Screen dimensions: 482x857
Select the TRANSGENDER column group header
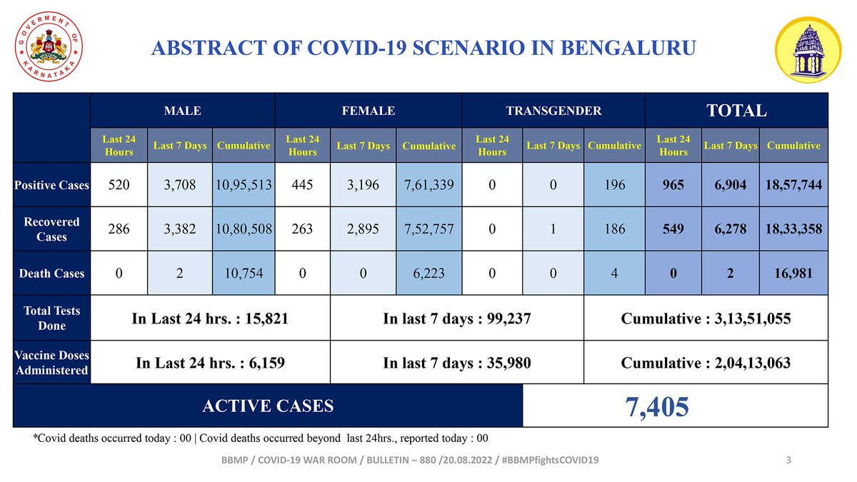coord(553,111)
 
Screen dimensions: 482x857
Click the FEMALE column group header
coord(369,111)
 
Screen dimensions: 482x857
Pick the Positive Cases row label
coord(52,185)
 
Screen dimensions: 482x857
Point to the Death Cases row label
coord(52,273)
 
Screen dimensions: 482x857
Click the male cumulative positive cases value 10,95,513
coord(244,185)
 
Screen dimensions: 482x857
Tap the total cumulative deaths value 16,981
coord(793,273)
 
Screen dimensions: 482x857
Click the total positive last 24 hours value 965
coord(673,185)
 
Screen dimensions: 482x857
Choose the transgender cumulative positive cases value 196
coord(614,185)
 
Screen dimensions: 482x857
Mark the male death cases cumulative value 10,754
coord(244,273)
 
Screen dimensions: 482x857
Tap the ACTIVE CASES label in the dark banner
coord(268,406)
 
